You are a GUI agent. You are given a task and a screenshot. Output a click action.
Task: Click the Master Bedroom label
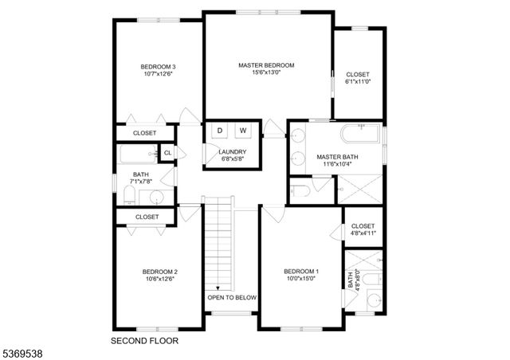tap(266, 65)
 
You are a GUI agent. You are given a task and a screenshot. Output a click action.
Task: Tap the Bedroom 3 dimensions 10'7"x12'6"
tap(158, 74)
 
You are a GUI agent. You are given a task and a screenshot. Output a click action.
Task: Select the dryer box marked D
tap(221, 130)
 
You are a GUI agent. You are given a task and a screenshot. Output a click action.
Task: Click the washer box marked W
tap(243, 130)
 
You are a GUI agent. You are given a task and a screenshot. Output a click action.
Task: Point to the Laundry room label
tap(232, 151)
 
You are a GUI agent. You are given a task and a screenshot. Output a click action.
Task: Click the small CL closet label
tap(167, 153)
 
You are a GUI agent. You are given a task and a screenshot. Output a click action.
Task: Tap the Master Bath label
tap(337, 157)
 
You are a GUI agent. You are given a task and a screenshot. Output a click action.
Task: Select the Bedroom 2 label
tap(159, 271)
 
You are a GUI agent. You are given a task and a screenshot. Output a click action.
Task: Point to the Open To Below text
tap(232, 297)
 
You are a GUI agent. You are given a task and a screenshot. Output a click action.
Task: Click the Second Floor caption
tap(144, 340)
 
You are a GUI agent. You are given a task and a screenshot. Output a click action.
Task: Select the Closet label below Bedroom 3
tap(144, 133)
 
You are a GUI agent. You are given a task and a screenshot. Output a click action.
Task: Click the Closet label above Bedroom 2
tap(147, 217)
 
